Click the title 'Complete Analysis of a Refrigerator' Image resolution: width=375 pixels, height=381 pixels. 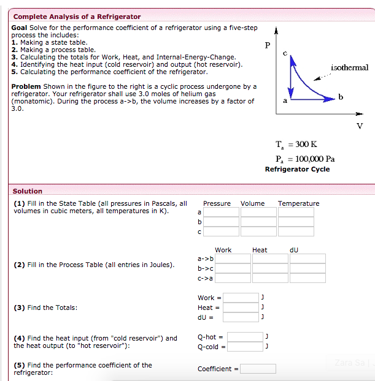[77, 17]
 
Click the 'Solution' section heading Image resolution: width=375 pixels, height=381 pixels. [28, 191]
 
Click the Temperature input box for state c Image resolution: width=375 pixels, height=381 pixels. [296, 232]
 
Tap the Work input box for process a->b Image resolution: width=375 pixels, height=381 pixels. [233, 258]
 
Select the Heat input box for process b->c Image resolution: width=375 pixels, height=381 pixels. [270, 268]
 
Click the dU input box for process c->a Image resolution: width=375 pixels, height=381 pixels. [307, 278]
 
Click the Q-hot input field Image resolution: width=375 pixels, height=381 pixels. [245, 337]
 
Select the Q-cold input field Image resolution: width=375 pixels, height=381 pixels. [245, 347]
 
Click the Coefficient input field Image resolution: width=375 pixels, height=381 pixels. [258, 369]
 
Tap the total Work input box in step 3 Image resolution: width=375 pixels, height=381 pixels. [241, 298]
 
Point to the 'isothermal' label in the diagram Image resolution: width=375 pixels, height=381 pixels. [349, 67]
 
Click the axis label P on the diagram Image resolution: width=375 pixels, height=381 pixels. [267, 45]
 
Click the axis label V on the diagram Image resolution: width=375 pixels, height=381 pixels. [360, 126]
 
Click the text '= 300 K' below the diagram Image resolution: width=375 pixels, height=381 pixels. [305, 145]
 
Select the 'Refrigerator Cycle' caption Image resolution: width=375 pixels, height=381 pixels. [297, 169]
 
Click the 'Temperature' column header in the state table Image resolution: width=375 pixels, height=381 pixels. [298, 203]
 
